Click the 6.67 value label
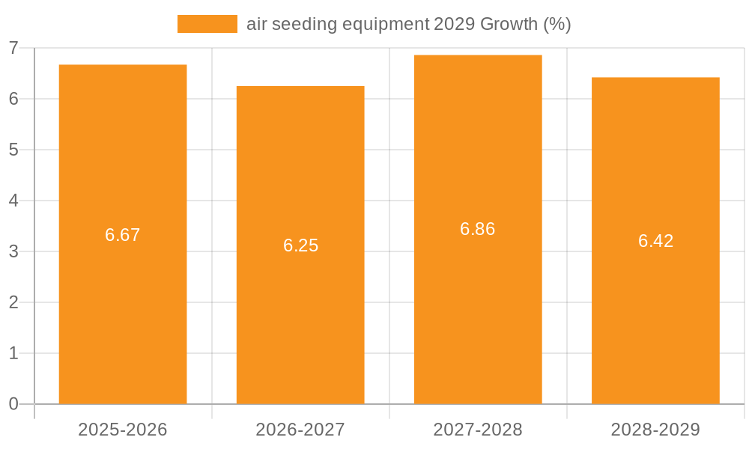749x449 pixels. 123,235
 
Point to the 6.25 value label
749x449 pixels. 300,245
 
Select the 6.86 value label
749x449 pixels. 478,230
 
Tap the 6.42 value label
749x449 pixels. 655,241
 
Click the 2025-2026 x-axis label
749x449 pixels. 123,430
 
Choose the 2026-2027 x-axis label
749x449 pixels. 300,430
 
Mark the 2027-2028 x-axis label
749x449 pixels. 478,430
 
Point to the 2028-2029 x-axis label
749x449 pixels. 655,430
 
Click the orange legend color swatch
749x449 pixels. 207,24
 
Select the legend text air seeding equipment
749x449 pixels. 338,24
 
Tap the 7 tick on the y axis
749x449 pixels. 13,48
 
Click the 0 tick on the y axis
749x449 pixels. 13,404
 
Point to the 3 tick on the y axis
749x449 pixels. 13,251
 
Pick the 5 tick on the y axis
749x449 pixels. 13,150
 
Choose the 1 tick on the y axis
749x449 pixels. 13,353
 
